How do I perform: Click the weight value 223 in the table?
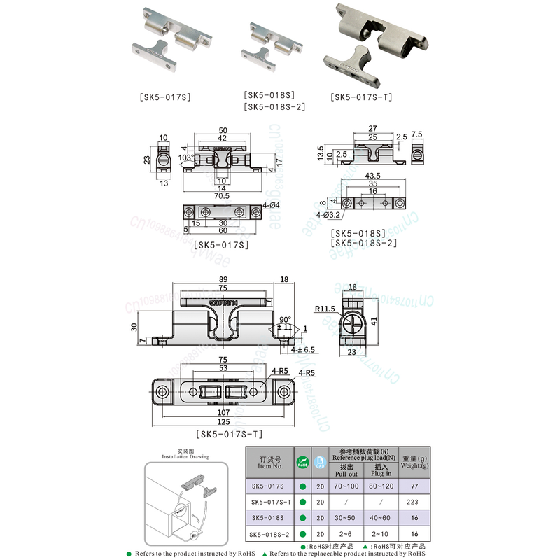(414, 502)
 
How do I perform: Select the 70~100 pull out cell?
(345, 485)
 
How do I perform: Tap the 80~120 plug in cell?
(381, 485)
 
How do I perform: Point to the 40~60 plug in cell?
(381, 519)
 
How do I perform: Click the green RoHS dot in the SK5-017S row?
(303, 485)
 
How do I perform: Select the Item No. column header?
(270, 462)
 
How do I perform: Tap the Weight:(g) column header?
(414, 462)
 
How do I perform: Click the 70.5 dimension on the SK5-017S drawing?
(222, 196)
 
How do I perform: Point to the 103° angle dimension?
(185, 159)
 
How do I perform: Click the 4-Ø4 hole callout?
(271, 204)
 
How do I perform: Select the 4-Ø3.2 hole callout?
(328, 214)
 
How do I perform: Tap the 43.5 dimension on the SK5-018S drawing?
(372, 175)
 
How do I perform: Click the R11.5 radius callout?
(324, 307)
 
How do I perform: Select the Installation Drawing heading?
(185, 456)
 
